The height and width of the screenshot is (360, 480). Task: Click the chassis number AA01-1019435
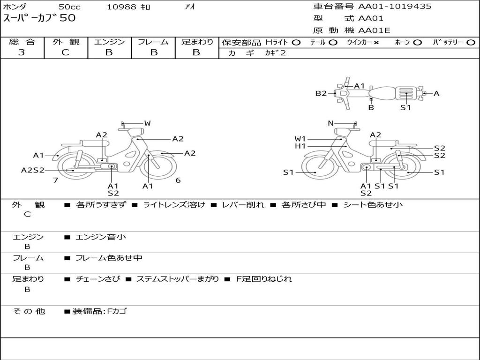395,6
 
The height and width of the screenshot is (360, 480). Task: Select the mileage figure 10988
121,7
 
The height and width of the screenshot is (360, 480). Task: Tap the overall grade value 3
22,52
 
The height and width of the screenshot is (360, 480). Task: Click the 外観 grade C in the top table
65,52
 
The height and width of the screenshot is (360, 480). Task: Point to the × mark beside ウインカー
376,43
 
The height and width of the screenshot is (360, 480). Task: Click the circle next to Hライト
296,43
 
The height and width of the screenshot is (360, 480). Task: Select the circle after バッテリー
471,43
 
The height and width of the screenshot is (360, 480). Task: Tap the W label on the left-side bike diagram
147,123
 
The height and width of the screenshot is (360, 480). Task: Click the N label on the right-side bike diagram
330,123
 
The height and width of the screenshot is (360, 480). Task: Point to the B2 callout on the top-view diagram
321,93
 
